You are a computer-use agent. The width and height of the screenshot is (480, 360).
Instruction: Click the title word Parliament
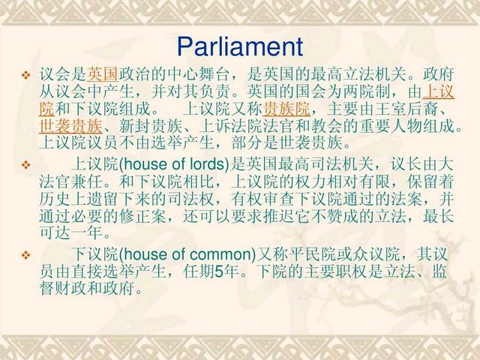pyautogui.click(x=239, y=46)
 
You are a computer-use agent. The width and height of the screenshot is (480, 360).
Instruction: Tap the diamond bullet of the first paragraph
pyautogui.click(x=26, y=76)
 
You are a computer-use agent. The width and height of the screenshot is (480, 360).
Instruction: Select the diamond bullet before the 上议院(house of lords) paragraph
pyautogui.click(x=26, y=163)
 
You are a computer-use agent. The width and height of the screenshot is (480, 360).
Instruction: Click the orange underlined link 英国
pyautogui.click(x=102, y=75)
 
